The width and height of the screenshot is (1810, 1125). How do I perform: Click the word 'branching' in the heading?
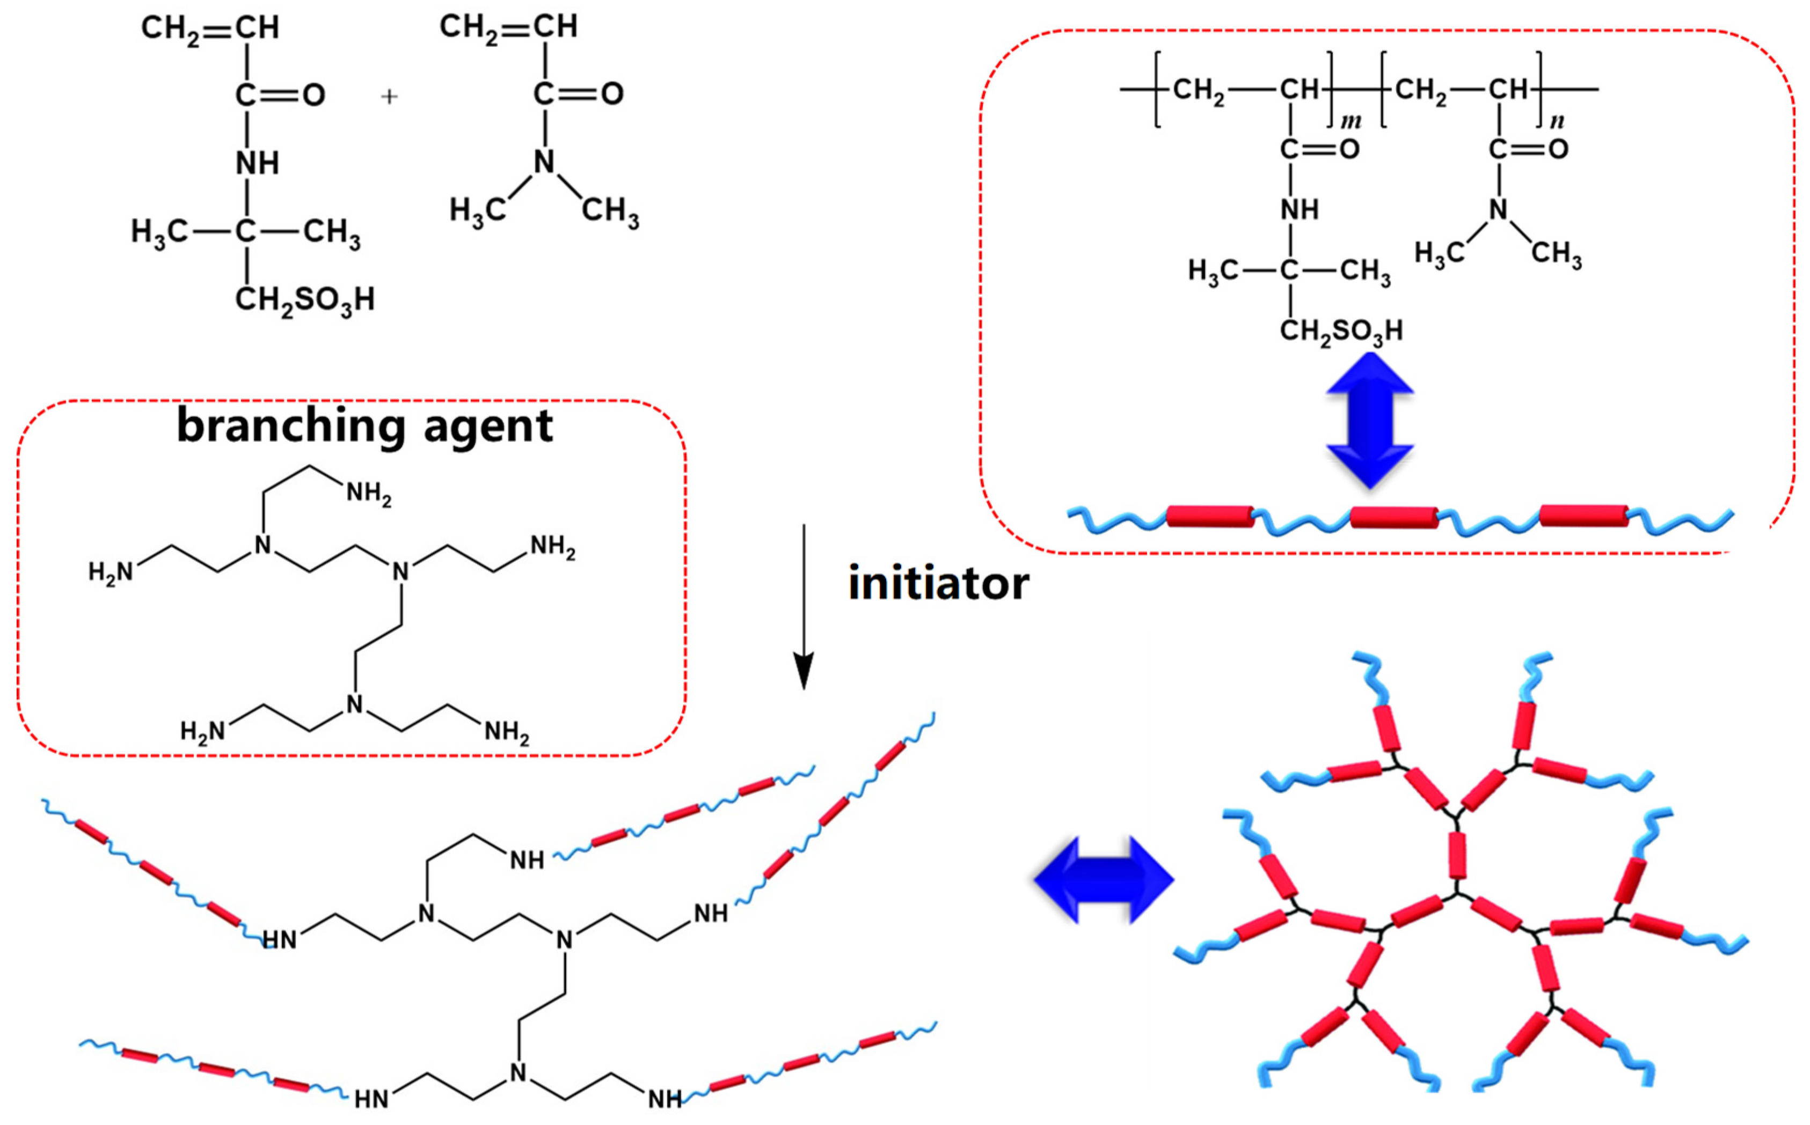click(x=289, y=427)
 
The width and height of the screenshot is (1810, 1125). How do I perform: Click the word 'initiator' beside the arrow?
click(x=938, y=583)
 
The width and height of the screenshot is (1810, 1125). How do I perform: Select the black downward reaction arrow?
click(x=803, y=606)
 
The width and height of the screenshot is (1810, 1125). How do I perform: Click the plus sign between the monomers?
click(x=389, y=97)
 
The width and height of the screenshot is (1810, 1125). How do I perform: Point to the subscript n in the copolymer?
click(x=1557, y=121)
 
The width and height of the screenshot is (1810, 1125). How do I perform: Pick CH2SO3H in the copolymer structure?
click(x=1341, y=331)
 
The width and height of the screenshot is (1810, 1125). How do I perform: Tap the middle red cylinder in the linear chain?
click(x=1393, y=517)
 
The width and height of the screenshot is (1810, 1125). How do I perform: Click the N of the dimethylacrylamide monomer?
click(x=545, y=161)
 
